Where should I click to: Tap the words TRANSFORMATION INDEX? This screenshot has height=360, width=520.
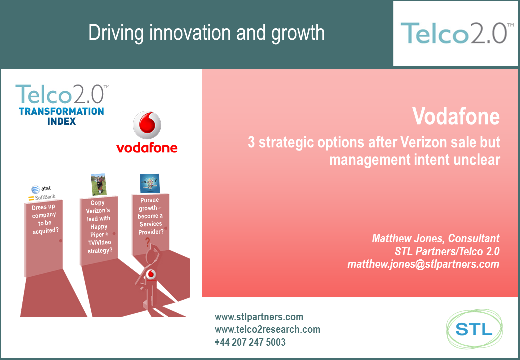pyautogui.click(x=61, y=116)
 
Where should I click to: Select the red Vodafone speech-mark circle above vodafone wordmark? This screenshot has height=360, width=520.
pyautogui.click(x=147, y=125)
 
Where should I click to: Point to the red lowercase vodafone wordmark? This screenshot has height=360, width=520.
pyautogui.click(x=147, y=148)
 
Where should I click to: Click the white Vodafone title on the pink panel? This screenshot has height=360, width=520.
pyautogui.click(x=456, y=116)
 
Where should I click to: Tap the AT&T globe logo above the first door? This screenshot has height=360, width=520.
pyautogui.click(x=36, y=189)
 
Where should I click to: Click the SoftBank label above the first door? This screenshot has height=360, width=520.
pyautogui.click(x=42, y=197)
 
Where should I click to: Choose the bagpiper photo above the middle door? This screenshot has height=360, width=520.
pyautogui.click(x=99, y=184)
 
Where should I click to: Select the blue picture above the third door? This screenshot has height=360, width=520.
pyautogui.click(x=150, y=183)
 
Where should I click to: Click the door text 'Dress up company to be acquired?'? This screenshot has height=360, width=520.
pyautogui.click(x=45, y=219)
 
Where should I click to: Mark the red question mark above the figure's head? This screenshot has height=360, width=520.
pyautogui.click(x=148, y=242)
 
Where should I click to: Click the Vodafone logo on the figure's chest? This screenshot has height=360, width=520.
pyautogui.click(x=151, y=274)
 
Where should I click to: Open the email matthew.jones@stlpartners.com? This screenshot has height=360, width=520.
pyautogui.click(x=423, y=264)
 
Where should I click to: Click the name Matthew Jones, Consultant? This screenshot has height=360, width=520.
pyautogui.click(x=436, y=238)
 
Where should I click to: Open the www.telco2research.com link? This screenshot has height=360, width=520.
pyautogui.click(x=267, y=329)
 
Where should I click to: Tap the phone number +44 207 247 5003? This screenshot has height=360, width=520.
pyautogui.click(x=250, y=342)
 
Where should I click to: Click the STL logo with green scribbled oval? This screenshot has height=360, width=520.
pyautogui.click(x=474, y=329)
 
